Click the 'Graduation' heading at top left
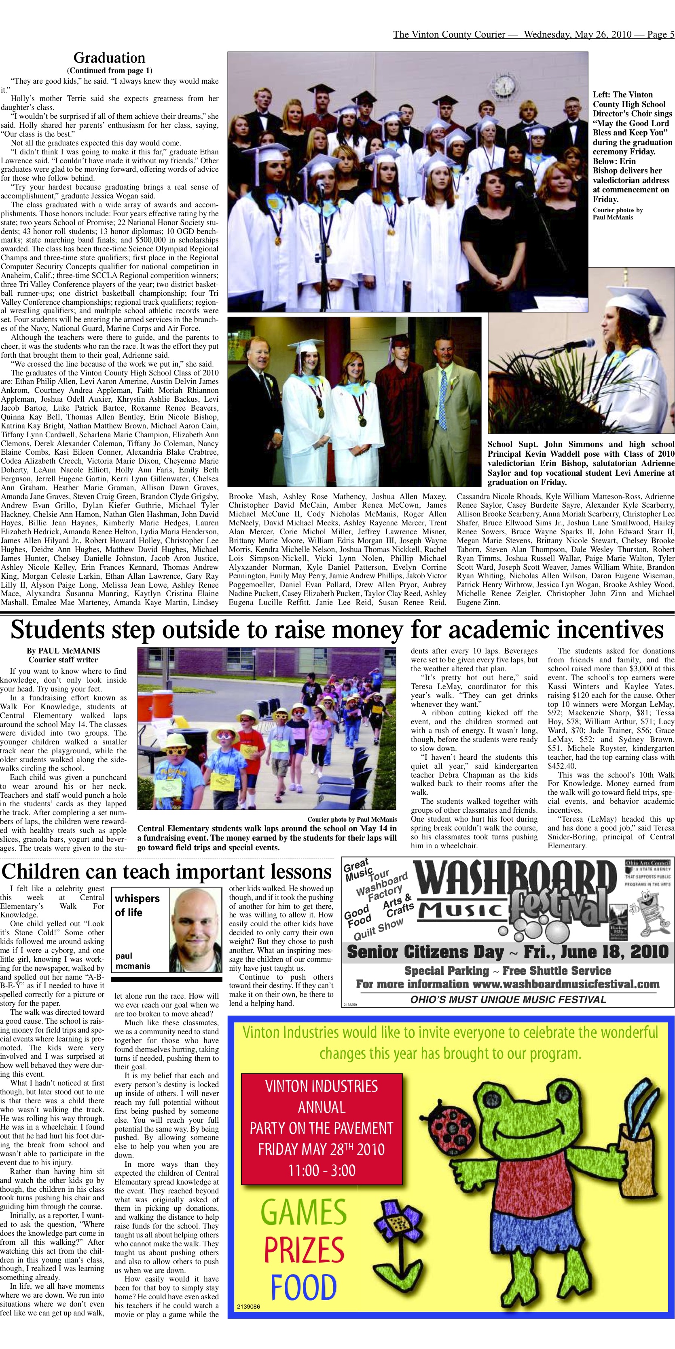tap(109, 58)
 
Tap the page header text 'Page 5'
tap(660, 35)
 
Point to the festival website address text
tap(566, 984)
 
